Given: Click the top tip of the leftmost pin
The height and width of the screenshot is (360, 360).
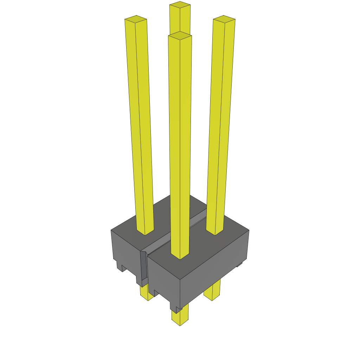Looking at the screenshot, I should click(136, 19).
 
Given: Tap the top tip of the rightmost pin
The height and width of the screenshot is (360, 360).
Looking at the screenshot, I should click(224, 19).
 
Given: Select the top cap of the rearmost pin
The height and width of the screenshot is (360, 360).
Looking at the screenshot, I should click(180, 5).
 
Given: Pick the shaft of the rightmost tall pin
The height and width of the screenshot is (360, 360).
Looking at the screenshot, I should click(220, 123).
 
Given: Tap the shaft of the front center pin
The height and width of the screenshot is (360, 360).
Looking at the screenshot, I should click(180, 141).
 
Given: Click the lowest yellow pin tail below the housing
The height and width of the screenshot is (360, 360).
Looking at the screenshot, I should click(180, 318).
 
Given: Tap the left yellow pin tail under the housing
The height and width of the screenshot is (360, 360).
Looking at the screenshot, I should click(146, 294).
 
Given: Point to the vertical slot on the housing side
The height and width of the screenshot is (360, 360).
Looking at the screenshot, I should click(143, 267).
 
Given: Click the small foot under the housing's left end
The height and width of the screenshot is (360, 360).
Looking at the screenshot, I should click(120, 266).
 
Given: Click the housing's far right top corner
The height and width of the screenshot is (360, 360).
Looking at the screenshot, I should click(248, 231).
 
